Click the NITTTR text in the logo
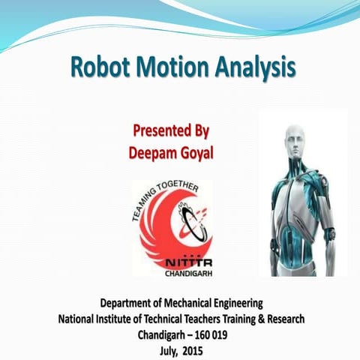point(183,264)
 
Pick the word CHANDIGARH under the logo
point(182,275)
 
